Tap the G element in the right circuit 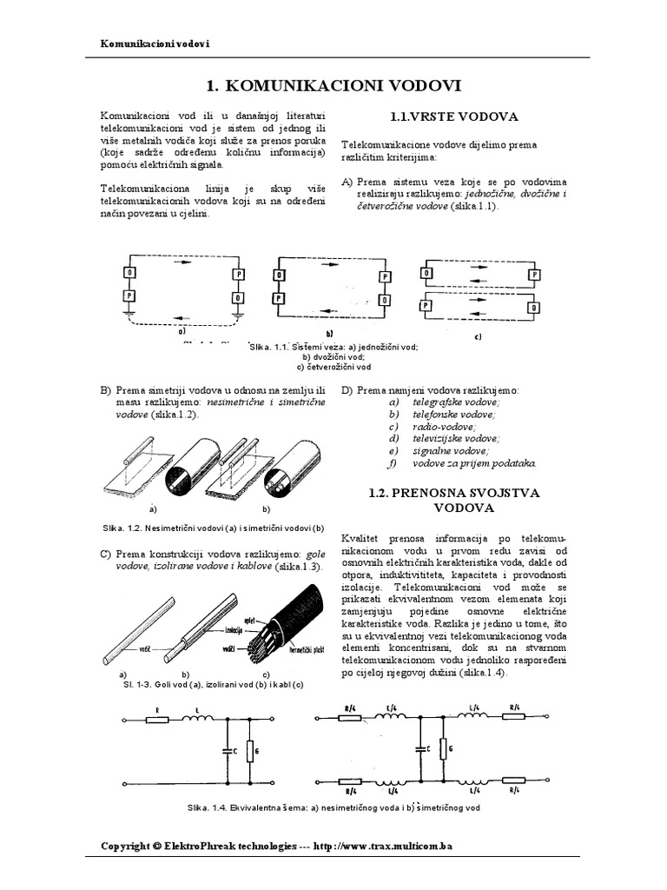[x=444, y=748]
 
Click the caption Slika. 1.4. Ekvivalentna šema [x=333, y=807]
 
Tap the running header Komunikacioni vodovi [x=155, y=43]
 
